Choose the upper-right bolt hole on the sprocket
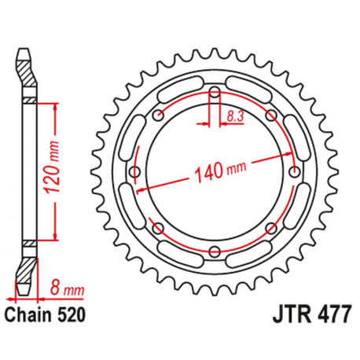[x=271, y=116]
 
